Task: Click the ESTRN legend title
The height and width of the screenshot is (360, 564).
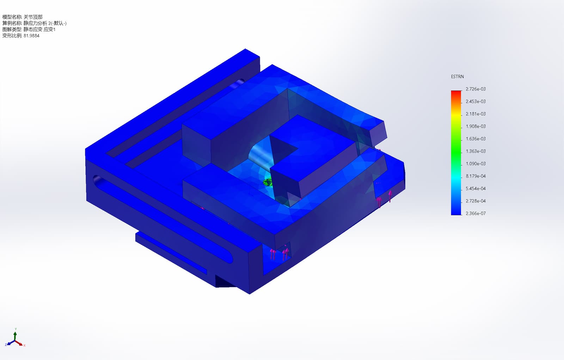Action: click(x=457, y=77)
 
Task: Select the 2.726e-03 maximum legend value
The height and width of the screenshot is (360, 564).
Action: click(x=476, y=89)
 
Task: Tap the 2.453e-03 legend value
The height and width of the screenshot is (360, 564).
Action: click(x=476, y=102)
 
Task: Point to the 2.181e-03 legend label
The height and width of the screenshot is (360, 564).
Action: click(x=476, y=114)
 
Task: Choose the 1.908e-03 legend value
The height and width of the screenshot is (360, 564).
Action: click(x=476, y=126)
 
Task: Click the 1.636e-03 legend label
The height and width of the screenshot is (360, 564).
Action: click(x=476, y=139)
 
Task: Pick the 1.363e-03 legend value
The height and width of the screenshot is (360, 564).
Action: click(x=476, y=151)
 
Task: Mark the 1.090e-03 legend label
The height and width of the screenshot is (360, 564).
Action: click(x=476, y=164)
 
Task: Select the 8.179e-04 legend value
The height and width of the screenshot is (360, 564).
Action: click(x=476, y=176)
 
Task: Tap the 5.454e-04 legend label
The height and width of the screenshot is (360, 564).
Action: click(x=476, y=188)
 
